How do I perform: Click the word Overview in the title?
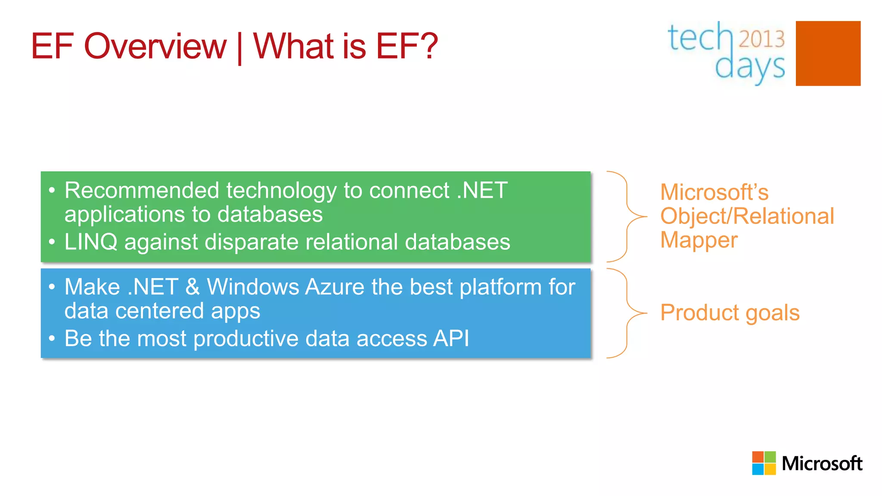pyautogui.click(x=155, y=46)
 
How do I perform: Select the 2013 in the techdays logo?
pyautogui.click(x=761, y=39)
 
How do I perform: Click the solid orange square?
pyautogui.click(x=828, y=53)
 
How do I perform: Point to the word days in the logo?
pyautogui.click(x=750, y=67)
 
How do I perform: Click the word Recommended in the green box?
pyautogui.click(x=142, y=190)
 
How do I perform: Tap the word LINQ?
pyautogui.click(x=90, y=242)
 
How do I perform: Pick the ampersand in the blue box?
pyautogui.click(x=193, y=287)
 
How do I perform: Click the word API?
pyautogui.click(x=451, y=338)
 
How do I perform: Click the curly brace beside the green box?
pyautogui.click(x=627, y=217)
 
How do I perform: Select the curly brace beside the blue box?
pyautogui.click(x=627, y=313)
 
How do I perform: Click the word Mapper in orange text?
pyautogui.click(x=699, y=240)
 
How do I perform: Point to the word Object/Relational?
pyautogui.click(x=747, y=216)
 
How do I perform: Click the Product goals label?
pyautogui.click(x=730, y=313)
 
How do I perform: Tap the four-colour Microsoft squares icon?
pyautogui.click(x=764, y=463)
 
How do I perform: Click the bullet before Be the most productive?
pyautogui.click(x=52, y=338)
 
